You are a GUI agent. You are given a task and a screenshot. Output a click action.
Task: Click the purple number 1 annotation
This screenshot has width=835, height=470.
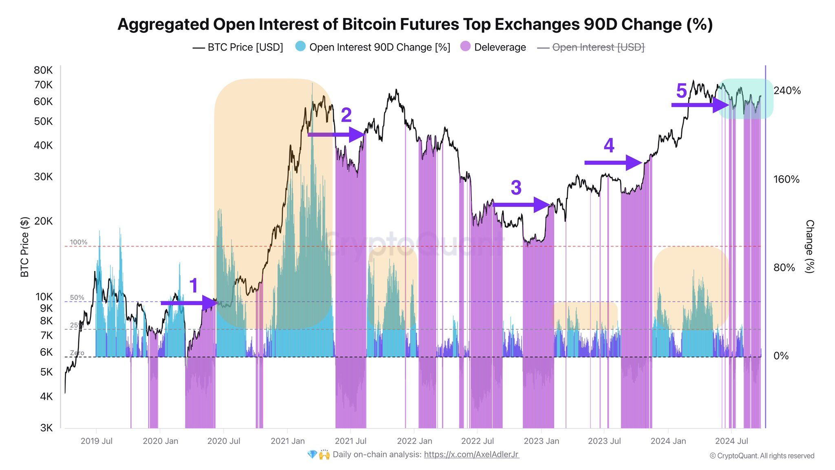coord(193,286)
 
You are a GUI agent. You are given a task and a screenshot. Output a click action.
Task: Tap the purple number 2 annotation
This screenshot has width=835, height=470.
coord(346,115)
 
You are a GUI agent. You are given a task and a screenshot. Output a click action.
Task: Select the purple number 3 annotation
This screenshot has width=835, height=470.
coord(516,188)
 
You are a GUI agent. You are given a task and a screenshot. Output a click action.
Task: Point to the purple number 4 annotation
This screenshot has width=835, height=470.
coord(609,145)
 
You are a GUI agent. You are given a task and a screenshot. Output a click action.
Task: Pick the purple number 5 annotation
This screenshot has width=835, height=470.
coord(681,91)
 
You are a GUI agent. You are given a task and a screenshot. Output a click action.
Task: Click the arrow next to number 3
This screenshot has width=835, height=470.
coord(522,205)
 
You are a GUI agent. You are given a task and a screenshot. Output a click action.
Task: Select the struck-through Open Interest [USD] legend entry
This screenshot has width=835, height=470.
coord(598,47)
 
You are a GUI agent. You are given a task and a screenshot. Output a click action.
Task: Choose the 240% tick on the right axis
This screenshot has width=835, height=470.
coord(787,91)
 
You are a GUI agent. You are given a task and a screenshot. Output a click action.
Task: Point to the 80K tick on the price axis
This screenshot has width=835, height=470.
coord(43,70)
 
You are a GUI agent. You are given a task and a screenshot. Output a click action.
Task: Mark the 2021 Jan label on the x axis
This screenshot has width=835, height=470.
coord(287,441)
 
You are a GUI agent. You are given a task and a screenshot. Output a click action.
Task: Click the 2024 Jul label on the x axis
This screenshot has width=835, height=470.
coord(731,441)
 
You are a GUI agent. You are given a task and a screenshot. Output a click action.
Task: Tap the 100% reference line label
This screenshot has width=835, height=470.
coord(78,242)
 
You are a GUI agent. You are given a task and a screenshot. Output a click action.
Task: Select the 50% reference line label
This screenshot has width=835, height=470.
coord(77,298)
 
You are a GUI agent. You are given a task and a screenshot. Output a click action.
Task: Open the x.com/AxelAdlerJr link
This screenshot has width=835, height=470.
coord(471,454)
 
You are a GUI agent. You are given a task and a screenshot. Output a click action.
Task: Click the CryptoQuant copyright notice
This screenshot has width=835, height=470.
coord(762,456)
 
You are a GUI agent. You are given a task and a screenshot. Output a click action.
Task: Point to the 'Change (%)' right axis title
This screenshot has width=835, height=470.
coord(809,246)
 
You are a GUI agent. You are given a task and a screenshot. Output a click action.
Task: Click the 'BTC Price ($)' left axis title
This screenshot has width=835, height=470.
coord(25,247)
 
